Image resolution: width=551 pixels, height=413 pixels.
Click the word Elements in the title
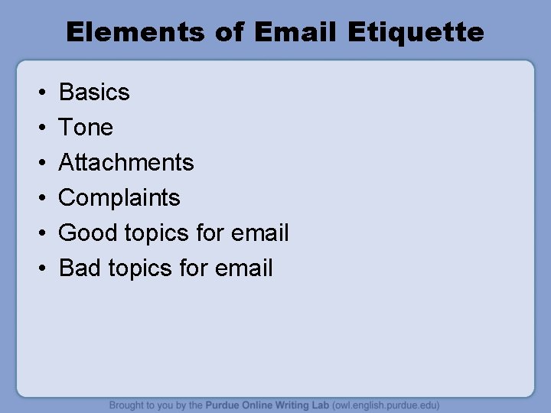coord(133,32)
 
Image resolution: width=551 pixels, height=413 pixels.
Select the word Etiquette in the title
coord(416,32)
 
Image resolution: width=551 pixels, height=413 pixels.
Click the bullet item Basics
coord(94,93)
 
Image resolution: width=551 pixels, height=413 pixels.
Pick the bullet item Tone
coord(86,128)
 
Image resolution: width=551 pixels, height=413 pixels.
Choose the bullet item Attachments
coord(126,162)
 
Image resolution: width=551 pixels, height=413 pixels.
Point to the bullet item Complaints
coord(119,198)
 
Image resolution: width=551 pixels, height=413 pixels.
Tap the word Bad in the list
coord(80,268)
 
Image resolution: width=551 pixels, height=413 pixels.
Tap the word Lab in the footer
coord(319,405)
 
